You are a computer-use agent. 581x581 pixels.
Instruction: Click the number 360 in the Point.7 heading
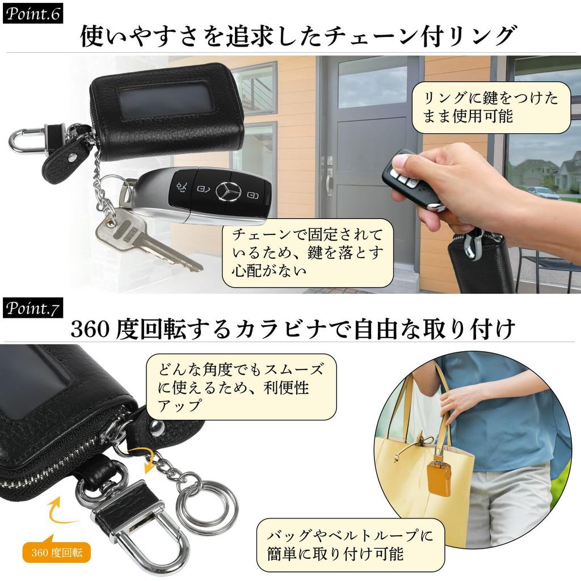click(x=90, y=329)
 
